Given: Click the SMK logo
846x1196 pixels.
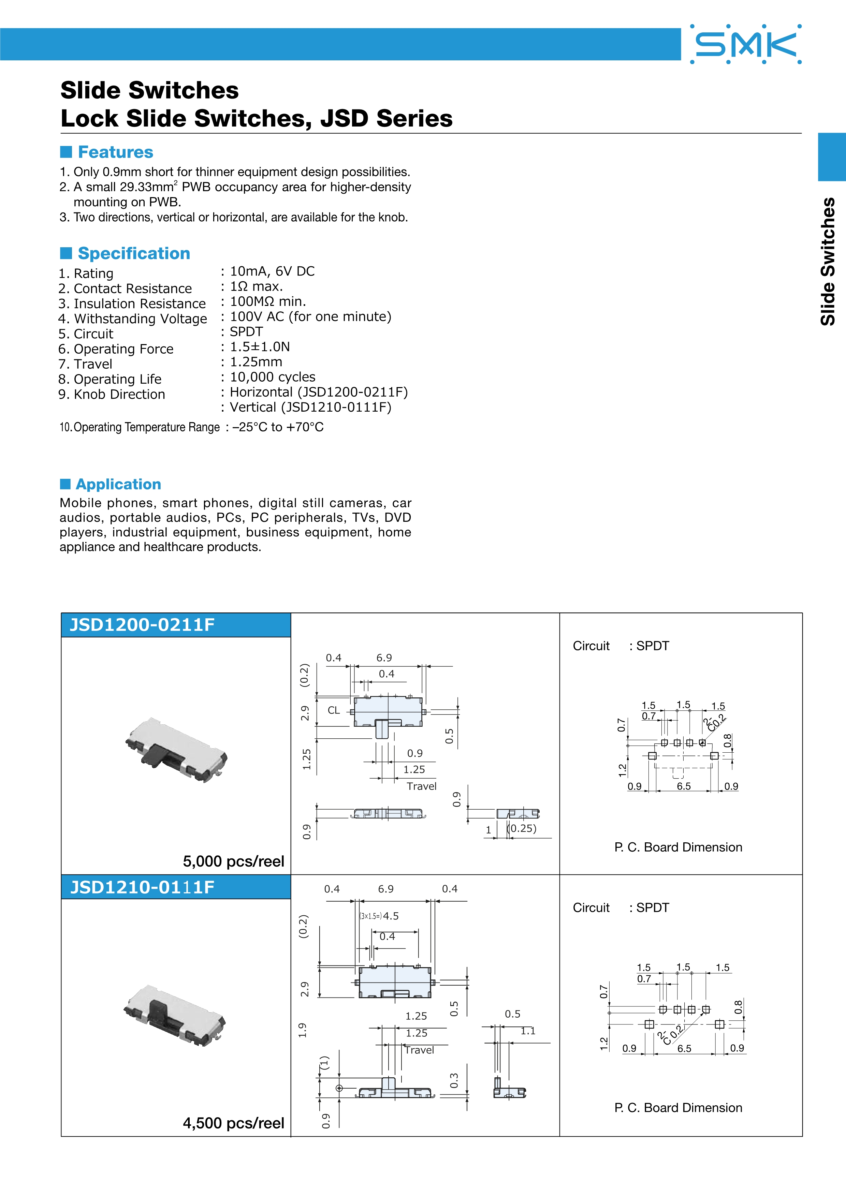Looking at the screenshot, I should tap(745, 44).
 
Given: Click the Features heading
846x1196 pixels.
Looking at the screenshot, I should tap(115, 152).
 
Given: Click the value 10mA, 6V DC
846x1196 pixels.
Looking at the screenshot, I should tap(272, 271).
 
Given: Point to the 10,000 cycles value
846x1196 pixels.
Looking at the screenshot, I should tap(273, 377).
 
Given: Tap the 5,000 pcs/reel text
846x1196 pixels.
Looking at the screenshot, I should tap(233, 861).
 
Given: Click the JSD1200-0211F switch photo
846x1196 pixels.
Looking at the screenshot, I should tap(176, 750).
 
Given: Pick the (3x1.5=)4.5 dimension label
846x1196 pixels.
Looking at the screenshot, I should tap(379, 916).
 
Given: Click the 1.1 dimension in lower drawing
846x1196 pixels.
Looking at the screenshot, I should tap(528, 1031).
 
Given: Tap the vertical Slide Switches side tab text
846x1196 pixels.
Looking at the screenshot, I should tap(828, 262).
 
